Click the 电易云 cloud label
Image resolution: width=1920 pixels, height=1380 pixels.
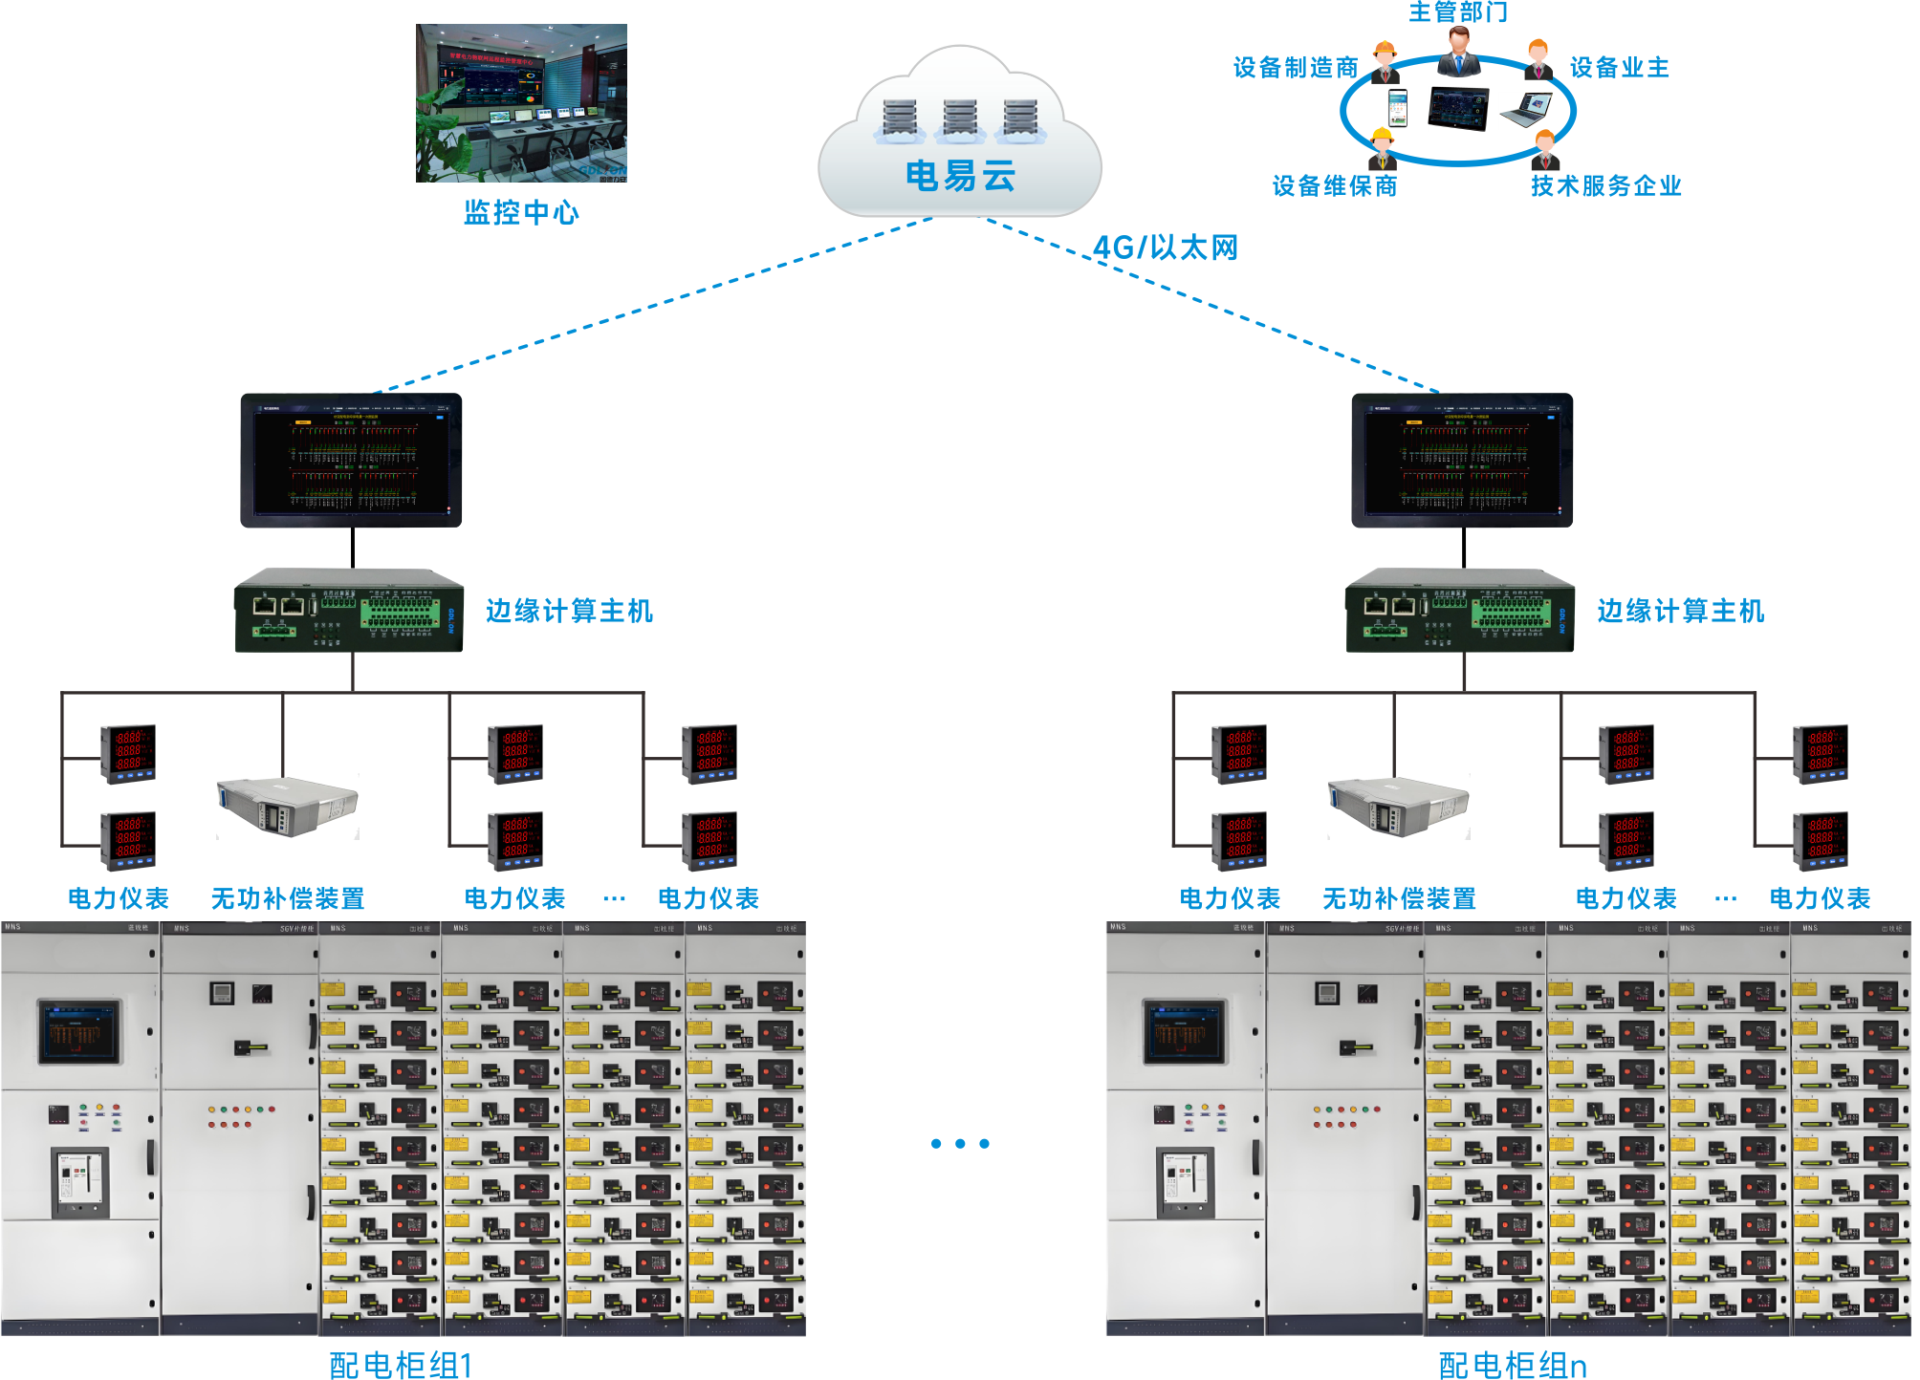click(x=959, y=176)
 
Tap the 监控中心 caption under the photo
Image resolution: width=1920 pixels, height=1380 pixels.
click(x=521, y=212)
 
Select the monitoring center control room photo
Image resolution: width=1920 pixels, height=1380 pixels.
click(x=521, y=103)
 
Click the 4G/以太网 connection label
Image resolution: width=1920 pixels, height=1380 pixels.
click(x=1165, y=248)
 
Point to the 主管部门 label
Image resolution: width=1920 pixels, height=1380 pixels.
click(x=1457, y=11)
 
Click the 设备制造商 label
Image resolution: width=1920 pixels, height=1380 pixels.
click(x=1295, y=68)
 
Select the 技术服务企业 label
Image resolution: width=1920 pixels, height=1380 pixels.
click(x=1605, y=185)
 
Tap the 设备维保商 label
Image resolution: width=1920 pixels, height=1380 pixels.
click(x=1334, y=185)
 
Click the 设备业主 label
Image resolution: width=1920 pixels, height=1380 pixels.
click(x=1619, y=68)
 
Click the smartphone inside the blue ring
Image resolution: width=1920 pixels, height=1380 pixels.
click(x=1398, y=107)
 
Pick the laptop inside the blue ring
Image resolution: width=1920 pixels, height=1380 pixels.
click(x=1526, y=109)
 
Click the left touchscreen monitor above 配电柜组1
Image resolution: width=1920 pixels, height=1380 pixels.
click(x=351, y=460)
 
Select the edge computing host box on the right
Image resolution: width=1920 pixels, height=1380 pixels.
click(x=1459, y=612)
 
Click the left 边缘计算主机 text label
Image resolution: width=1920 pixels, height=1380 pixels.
click(x=569, y=611)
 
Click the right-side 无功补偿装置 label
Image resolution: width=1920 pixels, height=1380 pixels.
click(x=1398, y=898)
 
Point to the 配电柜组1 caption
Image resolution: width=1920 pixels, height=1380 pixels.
click(x=401, y=1364)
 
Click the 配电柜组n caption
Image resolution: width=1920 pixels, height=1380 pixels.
click(x=1512, y=1364)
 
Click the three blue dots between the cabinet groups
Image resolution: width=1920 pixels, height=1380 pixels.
click(x=960, y=1143)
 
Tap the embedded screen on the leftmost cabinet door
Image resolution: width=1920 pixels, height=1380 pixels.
click(x=80, y=1032)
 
